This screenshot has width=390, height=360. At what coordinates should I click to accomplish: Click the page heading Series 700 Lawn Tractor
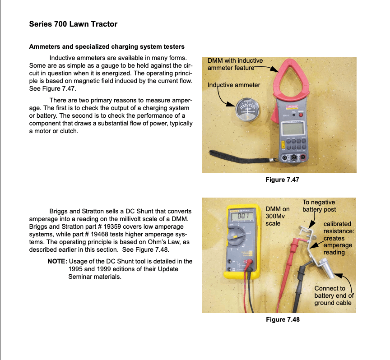pos(73,24)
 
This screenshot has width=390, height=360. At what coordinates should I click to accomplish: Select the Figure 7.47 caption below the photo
pos(282,180)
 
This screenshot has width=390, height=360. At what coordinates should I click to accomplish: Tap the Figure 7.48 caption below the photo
pos(282,319)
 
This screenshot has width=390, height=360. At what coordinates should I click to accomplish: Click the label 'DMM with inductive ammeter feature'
pos(235,64)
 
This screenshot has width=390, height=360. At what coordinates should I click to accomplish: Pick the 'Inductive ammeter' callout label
pos(233,85)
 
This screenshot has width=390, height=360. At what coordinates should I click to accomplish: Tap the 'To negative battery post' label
pos(319,206)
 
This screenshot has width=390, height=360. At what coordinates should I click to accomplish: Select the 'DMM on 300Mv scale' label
pos(278,216)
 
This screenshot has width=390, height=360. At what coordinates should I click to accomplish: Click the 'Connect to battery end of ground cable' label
pos(333,295)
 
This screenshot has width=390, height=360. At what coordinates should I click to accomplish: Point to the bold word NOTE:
pos(57,261)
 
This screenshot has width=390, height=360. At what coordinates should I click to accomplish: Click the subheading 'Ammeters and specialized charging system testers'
pos(107,46)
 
